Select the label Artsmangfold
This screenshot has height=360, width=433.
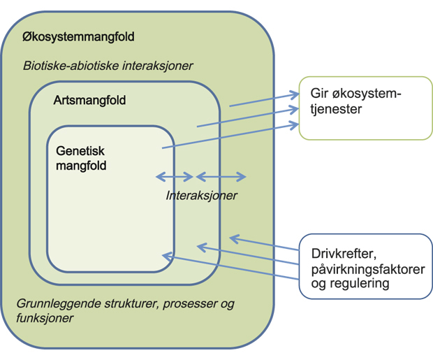tap(89, 101)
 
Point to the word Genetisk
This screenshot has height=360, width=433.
tap(79, 150)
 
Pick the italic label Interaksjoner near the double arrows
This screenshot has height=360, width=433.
tap(201, 196)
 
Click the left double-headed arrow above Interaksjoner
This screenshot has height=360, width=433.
tap(175, 176)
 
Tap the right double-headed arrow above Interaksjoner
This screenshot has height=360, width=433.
tap(221, 176)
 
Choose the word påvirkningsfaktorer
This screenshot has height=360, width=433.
tap(365, 269)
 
